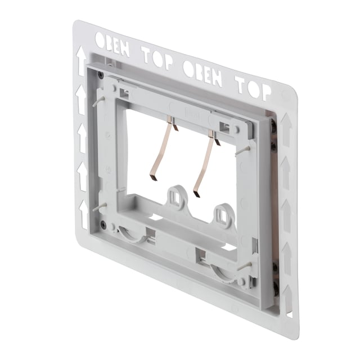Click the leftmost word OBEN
click(x=112, y=44)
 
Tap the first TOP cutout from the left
click(x=157, y=57)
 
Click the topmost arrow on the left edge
click(x=81, y=61)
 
